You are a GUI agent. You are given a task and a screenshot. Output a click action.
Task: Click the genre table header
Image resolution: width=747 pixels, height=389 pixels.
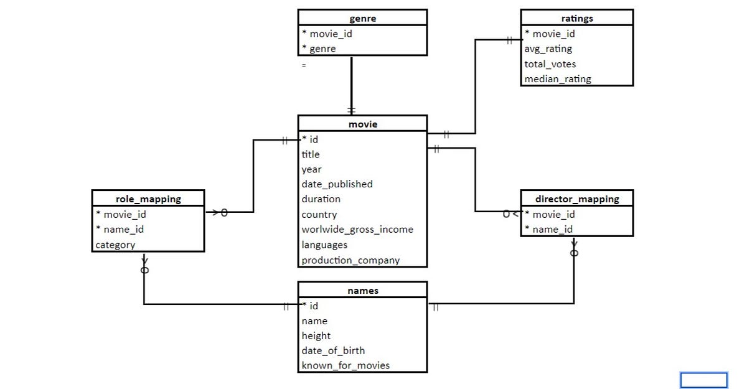click(362, 19)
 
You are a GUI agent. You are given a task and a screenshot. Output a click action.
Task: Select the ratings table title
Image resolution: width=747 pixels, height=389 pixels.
click(576, 19)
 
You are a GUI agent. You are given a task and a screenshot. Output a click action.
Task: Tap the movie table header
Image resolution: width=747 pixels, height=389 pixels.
click(362, 124)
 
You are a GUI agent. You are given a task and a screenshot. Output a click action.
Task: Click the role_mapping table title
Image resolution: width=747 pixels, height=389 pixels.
click(148, 199)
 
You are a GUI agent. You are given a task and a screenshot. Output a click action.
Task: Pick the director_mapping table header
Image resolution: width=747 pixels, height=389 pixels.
click(576, 199)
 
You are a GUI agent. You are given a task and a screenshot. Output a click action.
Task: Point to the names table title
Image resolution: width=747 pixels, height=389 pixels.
click(362, 291)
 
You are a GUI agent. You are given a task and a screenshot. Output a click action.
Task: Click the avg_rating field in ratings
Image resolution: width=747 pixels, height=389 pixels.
click(548, 49)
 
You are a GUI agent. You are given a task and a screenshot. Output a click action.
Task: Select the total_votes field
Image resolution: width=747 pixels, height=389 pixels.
click(550, 64)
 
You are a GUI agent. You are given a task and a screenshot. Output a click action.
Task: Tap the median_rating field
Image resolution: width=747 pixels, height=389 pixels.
click(557, 79)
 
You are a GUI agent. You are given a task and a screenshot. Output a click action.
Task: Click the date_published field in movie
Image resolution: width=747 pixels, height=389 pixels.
click(337, 184)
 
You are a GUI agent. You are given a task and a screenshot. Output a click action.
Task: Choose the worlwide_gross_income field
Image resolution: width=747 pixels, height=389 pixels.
click(357, 230)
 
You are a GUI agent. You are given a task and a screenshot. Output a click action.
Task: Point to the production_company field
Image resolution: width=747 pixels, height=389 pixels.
click(350, 260)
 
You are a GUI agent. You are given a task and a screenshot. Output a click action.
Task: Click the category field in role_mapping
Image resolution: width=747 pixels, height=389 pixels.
click(115, 245)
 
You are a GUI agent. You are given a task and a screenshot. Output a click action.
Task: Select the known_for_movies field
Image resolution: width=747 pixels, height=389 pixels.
click(345, 365)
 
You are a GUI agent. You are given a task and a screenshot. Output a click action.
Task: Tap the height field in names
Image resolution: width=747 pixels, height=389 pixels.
click(316, 336)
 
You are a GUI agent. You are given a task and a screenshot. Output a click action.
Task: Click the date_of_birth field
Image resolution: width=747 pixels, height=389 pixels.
click(333, 350)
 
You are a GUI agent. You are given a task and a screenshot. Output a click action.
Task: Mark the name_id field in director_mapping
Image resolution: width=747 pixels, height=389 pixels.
click(552, 230)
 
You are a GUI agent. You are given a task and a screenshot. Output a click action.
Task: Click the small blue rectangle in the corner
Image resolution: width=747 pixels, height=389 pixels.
click(703, 380)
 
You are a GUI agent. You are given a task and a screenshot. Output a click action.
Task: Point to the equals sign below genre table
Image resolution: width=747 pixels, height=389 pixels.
click(304, 65)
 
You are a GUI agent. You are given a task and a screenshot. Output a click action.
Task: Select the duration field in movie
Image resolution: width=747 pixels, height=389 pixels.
click(321, 199)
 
